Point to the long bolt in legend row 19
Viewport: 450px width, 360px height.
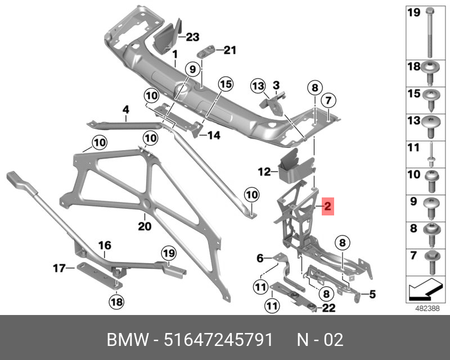click(430, 29)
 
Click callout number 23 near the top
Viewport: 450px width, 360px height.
click(192, 37)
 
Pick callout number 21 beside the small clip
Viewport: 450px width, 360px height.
click(229, 50)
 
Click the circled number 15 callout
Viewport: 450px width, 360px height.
click(226, 84)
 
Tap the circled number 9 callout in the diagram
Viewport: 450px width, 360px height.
click(191, 70)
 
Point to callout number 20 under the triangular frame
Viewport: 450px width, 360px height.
click(145, 226)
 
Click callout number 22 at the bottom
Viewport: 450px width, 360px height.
click(328, 307)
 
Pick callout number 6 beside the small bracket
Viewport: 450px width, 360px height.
click(260, 258)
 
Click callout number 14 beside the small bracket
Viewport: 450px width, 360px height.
click(214, 135)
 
